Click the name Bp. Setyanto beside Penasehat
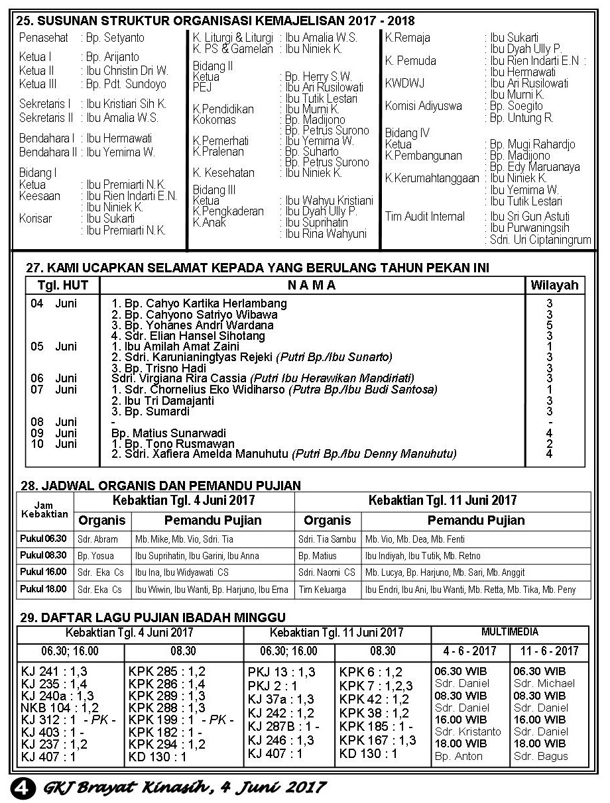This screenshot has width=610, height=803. point(115,38)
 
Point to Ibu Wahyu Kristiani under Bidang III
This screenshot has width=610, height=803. point(329,200)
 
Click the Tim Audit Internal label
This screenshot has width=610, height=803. point(425,216)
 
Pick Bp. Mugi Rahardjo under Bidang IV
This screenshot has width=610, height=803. point(532,144)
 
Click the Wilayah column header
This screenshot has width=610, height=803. point(554,286)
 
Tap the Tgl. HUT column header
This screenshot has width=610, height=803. point(62,286)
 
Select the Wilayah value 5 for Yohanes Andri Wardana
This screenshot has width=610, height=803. point(550,325)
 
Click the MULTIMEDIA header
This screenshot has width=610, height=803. point(510,632)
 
